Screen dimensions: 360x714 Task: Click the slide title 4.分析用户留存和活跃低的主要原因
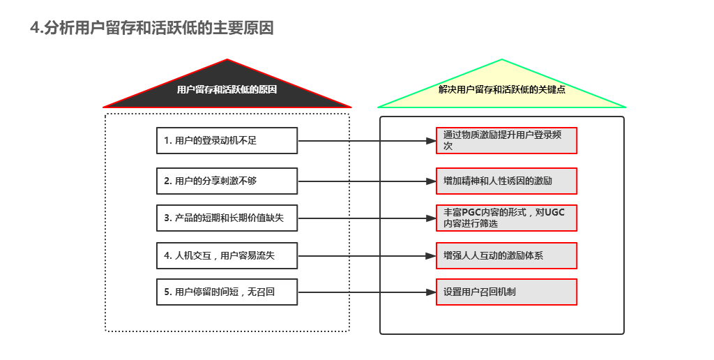pos(152,28)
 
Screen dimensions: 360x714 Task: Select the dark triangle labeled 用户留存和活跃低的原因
pos(227,90)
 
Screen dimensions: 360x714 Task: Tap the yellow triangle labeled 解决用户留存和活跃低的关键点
pos(501,90)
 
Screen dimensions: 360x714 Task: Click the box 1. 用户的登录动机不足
pos(227,140)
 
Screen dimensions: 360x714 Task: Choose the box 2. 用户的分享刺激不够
pos(227,181)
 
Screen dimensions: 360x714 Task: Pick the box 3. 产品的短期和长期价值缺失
pos(227,218)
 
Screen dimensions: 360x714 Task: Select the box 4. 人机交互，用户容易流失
pos(227,255)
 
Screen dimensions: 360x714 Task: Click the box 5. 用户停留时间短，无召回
pos(227,292)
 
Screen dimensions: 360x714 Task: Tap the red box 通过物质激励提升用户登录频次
pos(506,140)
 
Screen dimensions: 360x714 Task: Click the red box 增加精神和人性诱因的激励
pos(506,181)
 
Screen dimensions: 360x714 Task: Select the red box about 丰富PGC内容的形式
pos(506,218)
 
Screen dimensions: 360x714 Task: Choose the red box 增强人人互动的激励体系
pos(506,255)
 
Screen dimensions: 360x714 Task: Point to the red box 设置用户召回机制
pos(506,292)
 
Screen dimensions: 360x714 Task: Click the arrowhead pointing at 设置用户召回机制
pos(430,292)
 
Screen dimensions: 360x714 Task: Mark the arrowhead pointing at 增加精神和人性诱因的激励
pos(430,181)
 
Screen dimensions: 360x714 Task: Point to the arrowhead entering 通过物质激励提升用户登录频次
pos(430,140)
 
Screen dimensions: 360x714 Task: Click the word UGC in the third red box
pos(555,212)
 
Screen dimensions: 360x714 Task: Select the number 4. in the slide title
pos(36,28)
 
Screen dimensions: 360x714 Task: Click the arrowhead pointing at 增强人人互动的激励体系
pos(430,255)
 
